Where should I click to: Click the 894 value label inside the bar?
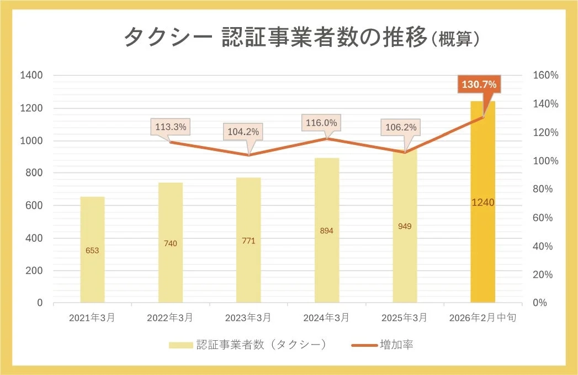tap(327, 231)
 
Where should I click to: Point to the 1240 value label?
tap(482, 202)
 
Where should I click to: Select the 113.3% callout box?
tap(171, 127)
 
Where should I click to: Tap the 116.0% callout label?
tap(322, 123)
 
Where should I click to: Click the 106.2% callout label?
tap(400, 128)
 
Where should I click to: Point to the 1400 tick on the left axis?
tap(31, 75)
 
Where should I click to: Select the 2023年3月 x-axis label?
tap(248, 318)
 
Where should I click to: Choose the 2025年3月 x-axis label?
tap(405, 318)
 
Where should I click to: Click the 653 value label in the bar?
tap(92, 251)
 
